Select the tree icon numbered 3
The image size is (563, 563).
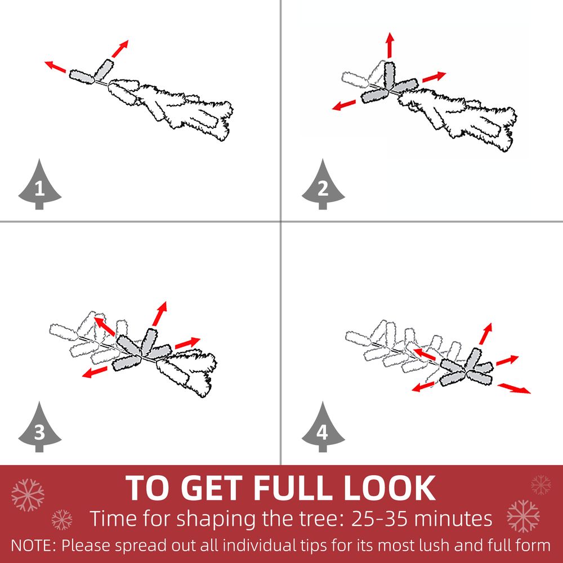(x=39, y=428)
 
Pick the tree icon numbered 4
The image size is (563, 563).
(x=323, y=428)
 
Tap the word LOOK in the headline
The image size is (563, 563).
(x=390, y=488)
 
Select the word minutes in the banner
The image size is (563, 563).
(x=453, y=519)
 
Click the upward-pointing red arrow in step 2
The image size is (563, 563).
(x=390, y=45)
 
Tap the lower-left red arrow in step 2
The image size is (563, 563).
(x=343, y=105)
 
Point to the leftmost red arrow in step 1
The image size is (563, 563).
(x=55, y=66)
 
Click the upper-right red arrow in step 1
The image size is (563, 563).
(x=120, y=49)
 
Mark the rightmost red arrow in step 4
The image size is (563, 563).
(x=514, y=388)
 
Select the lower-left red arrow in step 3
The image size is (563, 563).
(x=95, y=372)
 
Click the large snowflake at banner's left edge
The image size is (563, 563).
(x=28, y=495)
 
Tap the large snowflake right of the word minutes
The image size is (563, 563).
(x=523, y=516)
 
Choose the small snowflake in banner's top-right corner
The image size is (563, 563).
(x=540, y=485)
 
